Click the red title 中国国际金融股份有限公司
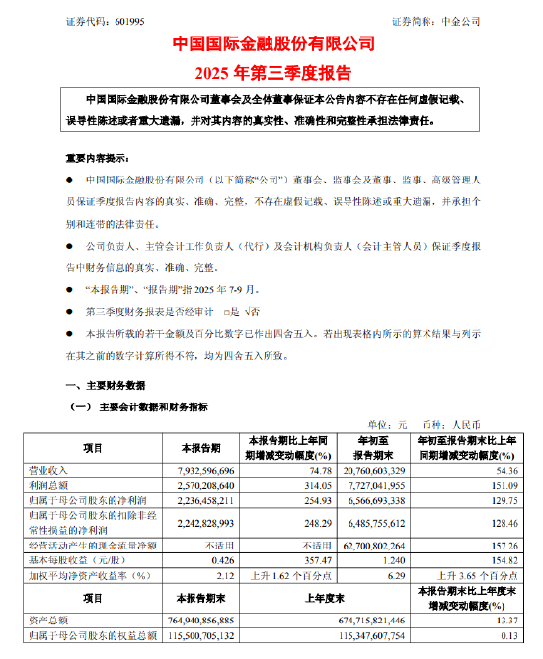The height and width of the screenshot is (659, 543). click(x=271, y=43)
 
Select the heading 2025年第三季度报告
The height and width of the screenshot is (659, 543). click(x=271, y=70)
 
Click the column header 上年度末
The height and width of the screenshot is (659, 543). click(x=317, y=599)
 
